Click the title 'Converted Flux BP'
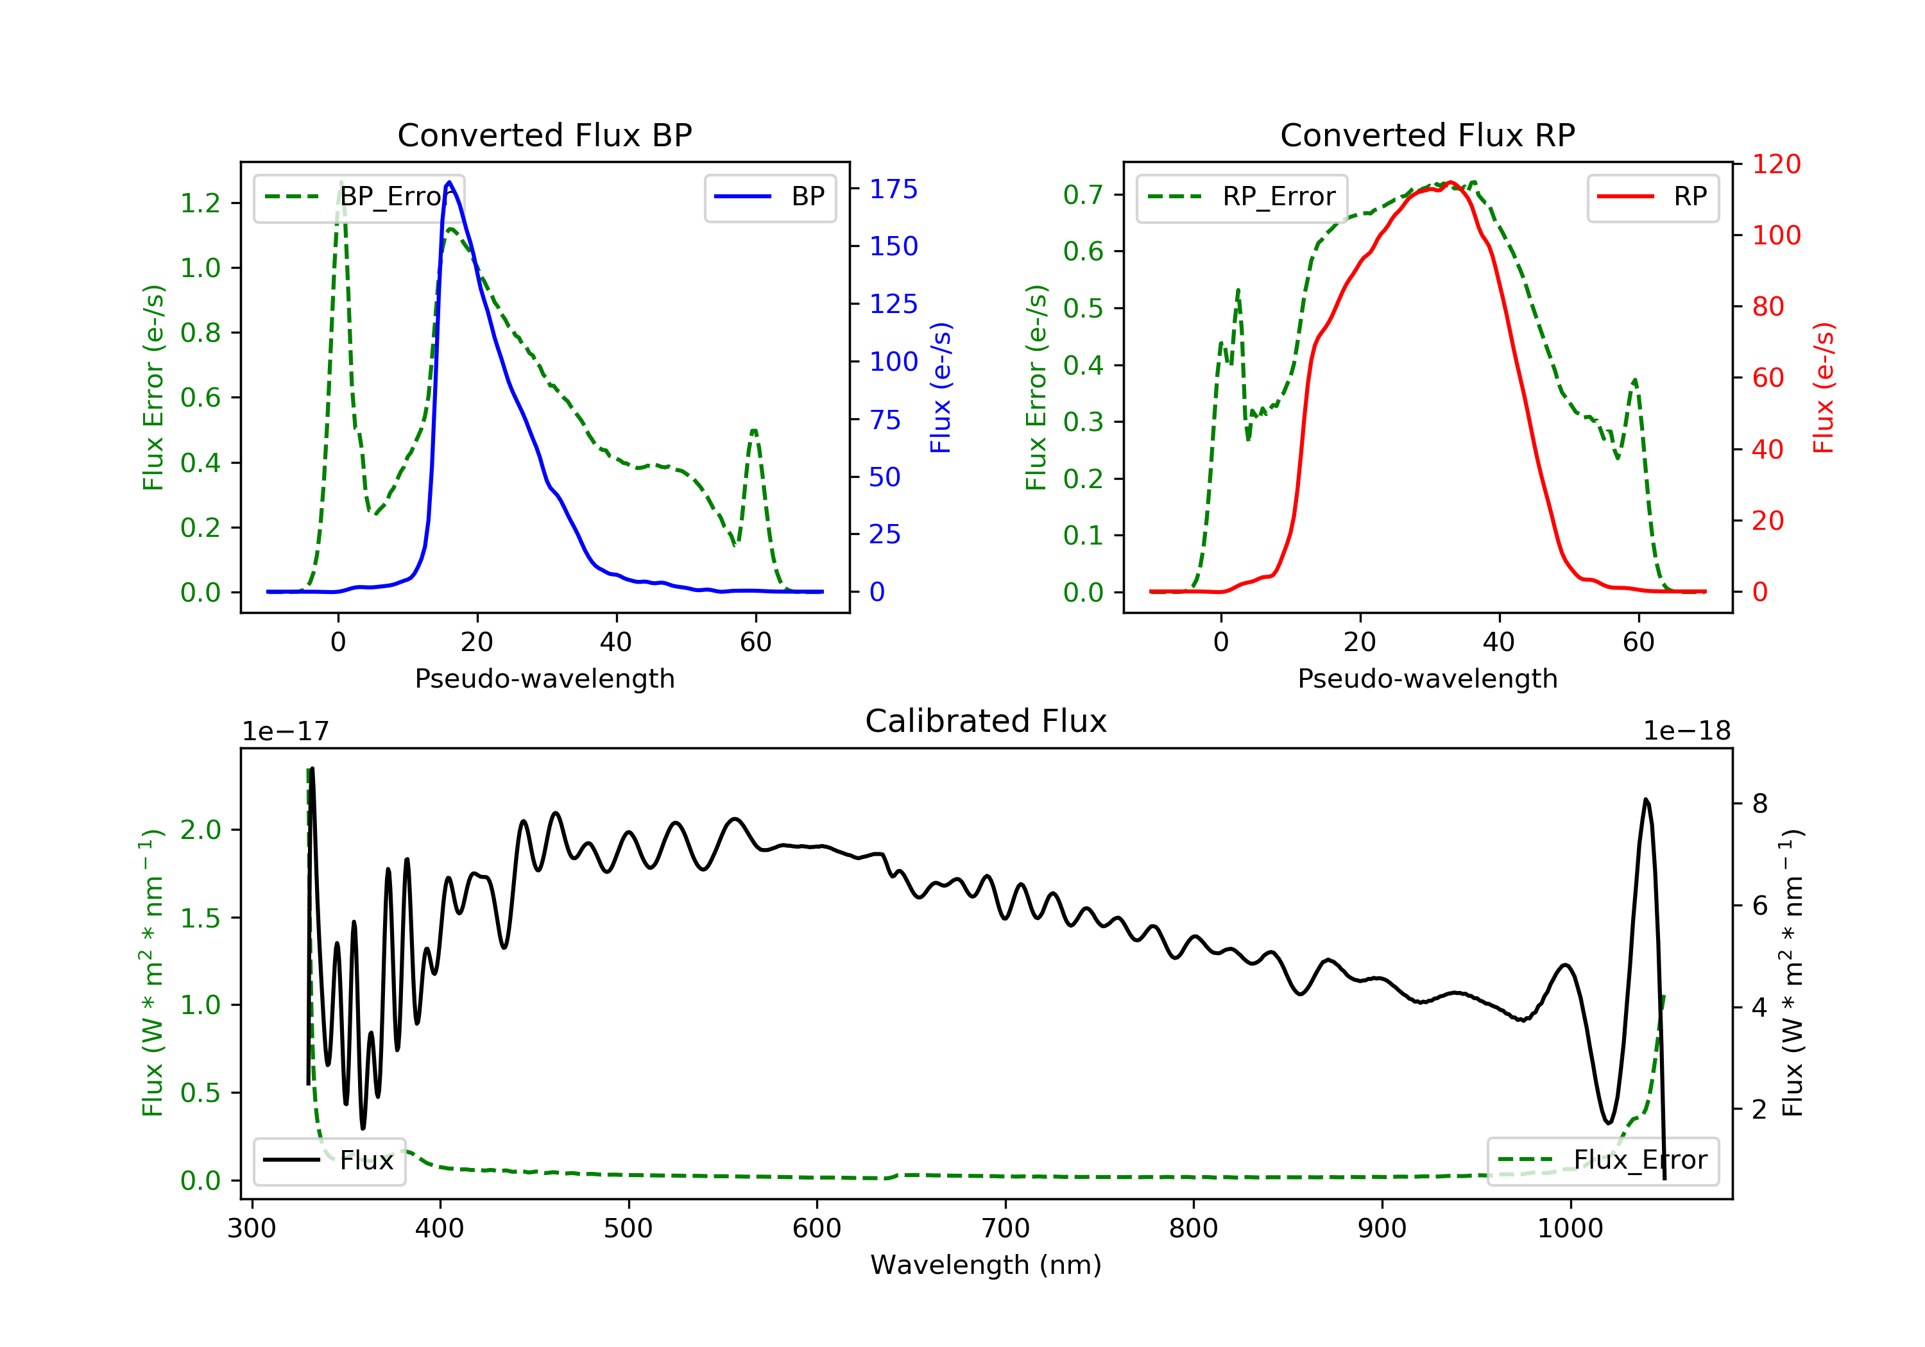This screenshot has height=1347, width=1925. coord(544,135)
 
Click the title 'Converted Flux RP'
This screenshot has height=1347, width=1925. coord(1427,135)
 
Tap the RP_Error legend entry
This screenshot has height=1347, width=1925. coord(1242,197)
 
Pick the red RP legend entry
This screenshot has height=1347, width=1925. coord(1652,197)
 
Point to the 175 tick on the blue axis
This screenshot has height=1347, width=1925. coord(893,189)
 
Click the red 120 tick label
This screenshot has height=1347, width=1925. coord(1775,164)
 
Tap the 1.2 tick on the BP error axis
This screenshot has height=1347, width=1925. coord(200,203)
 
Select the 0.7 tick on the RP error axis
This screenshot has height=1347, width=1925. coord(1082,194)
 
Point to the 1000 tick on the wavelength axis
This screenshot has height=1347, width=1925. coord(1570,1229)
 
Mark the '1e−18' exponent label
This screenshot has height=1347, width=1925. coord(1686,731)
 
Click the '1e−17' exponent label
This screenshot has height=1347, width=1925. coord(286,731)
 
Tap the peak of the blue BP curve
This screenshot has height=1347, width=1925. coord(449,182)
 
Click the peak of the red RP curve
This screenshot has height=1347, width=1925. coord(1450,182)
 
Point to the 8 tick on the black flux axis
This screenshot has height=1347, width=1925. coord(1760,804)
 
